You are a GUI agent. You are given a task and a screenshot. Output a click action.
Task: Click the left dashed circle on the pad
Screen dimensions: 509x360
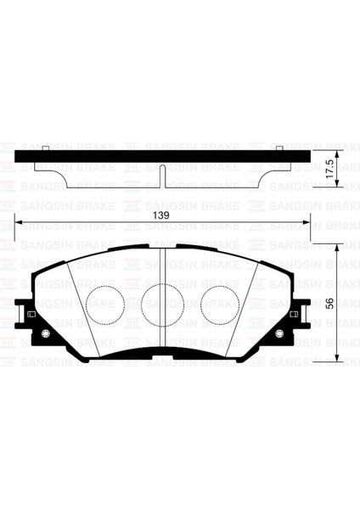[104, 301]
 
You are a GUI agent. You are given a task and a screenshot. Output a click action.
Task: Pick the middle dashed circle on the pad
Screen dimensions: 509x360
[160, 302]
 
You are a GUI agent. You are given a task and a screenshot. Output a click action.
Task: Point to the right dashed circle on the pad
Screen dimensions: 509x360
[219, 301]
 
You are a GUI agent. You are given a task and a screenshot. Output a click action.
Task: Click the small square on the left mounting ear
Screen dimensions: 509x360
[31, 316]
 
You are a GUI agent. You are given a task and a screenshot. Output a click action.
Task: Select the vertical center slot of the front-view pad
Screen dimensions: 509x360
[162, 271]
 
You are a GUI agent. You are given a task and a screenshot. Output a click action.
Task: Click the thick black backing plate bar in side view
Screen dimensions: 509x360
[161, 155]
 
